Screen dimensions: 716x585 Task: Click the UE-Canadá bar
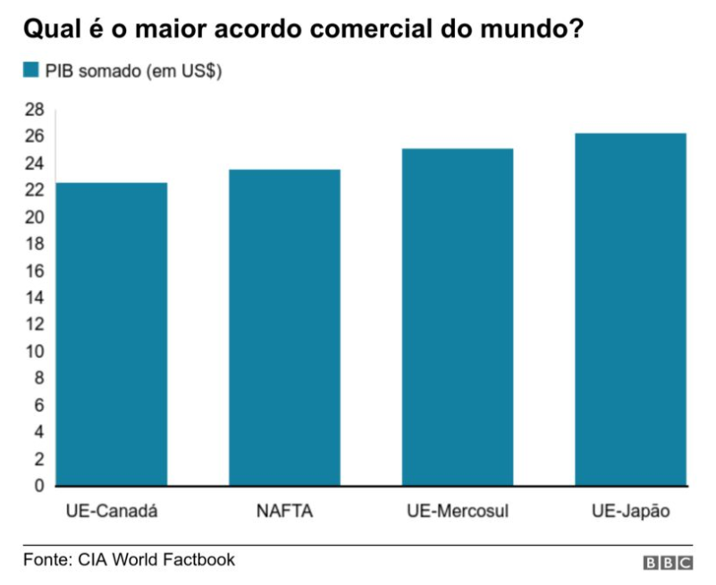(x=112, y=334)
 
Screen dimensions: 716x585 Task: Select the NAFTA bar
(x=284, y=328)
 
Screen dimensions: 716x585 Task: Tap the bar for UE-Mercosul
(x=458, y=317)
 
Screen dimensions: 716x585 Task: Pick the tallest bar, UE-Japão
(x=630, y=309)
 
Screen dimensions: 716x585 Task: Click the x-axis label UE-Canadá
(x=112, y=511)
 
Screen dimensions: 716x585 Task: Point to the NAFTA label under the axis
(x=284, y=511)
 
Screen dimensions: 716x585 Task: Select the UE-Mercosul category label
(x=458, y=511)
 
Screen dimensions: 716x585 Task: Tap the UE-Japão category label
(x=630, y=511)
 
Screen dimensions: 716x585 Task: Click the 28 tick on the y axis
(x=35, y=110)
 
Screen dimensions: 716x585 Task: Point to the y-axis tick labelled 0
(x=39, y=486)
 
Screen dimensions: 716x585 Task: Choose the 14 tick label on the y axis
(x=35, y=297)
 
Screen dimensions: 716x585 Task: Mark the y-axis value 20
(x=35, y=217)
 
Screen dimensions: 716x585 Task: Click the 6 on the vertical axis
(x=39, y=405)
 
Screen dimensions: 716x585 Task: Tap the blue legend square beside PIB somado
(x=31, y=70)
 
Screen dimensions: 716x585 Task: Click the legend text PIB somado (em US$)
(x=133, y=71)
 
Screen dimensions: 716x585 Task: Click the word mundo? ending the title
(x=532, y=29)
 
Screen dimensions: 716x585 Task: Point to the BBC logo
(x=668, y=563)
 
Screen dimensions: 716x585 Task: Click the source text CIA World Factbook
(x=156, y=559)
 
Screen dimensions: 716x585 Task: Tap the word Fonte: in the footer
(x=48, y=559)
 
